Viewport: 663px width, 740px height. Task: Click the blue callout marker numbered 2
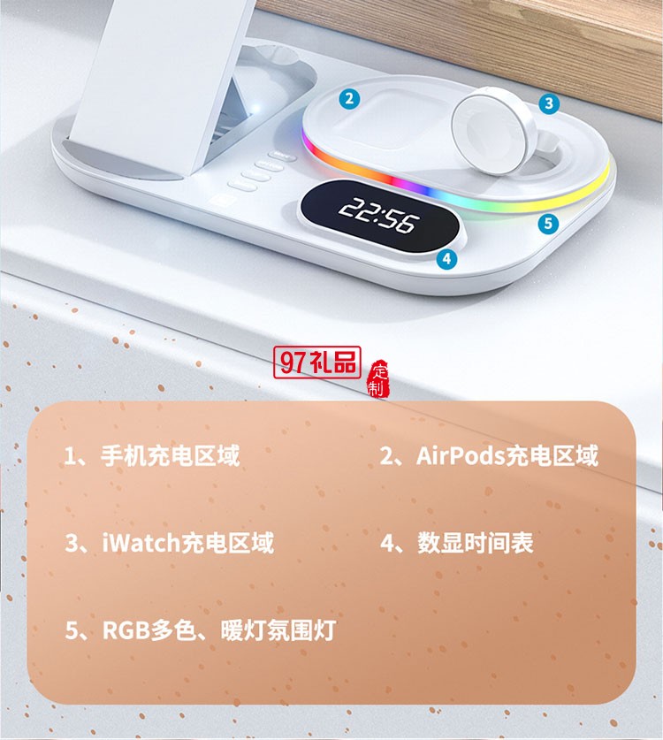(x=350, y=99)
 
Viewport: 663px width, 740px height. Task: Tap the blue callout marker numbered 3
(x=549, y=103)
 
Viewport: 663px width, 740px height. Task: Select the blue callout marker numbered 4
(x=446, y=258)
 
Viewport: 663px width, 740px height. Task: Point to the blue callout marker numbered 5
(x=548, y=223)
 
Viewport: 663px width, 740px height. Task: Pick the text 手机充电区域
(x=171, y=456)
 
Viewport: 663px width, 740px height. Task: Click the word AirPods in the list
(x=460, y=456)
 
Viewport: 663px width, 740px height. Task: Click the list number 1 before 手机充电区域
(x=72, y=456)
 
